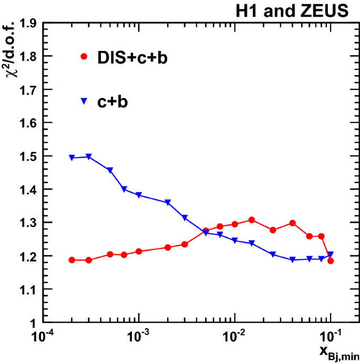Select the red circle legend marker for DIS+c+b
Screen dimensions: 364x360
(x=83, y=57)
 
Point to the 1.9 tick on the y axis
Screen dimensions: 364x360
(x=22, y=23)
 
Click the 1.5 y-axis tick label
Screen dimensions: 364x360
(x=22, y=156)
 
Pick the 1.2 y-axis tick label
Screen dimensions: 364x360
(x=22, y=256)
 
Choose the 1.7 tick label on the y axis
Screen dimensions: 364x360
(x=22, y=89)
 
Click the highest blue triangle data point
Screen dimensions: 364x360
(x=89, y=157)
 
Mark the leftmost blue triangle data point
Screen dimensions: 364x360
(x=72, y=158)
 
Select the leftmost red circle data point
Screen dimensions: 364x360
(x=72, y=260)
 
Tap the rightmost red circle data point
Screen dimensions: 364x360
(x=331, y=261)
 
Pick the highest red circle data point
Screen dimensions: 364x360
(x=252, y=220)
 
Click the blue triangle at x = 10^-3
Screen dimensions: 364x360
(x=139, y=195)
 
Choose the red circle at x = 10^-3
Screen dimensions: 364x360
(x=139, y=252)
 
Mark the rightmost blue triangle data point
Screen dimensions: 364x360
(x=331, y=254)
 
